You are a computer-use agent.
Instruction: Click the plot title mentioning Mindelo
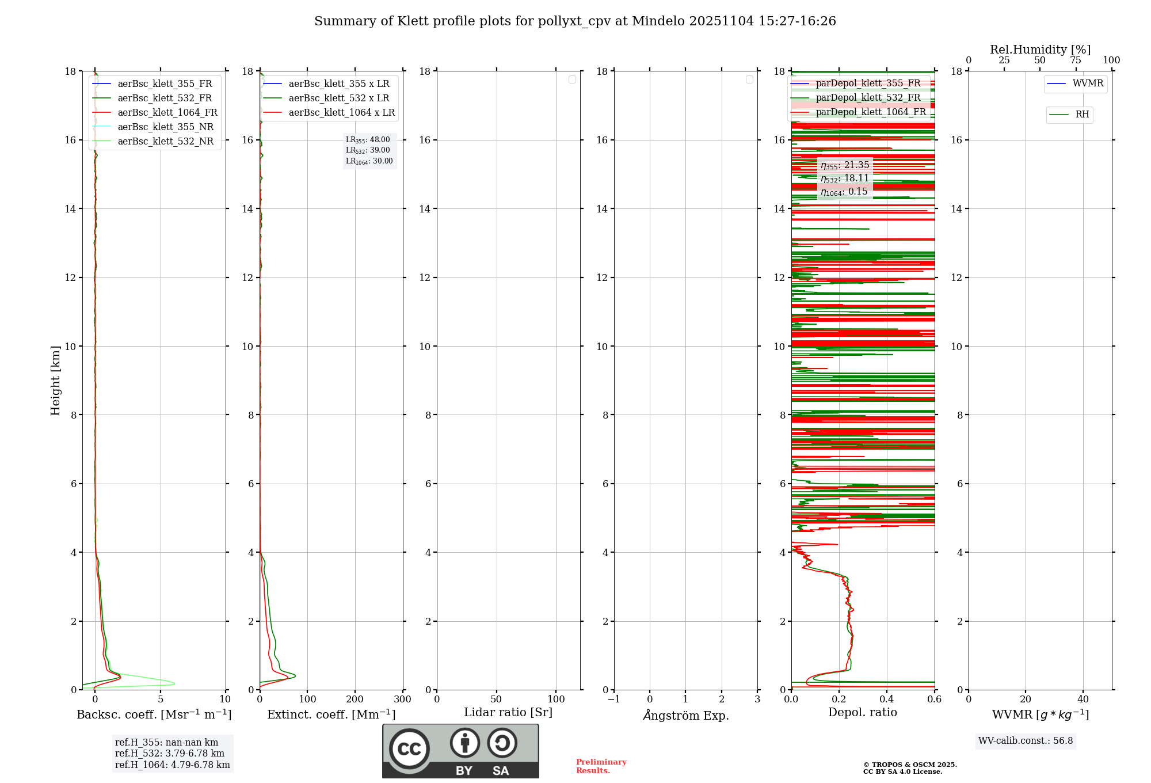point(575,21)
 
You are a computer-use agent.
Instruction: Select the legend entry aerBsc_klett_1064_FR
point(167,113)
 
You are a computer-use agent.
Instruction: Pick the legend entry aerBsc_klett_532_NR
point(165,142)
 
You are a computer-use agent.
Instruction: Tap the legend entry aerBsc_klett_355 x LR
point(338,84)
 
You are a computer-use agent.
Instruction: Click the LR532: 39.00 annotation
point(368,150)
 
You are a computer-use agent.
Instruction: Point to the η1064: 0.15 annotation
point(844,192)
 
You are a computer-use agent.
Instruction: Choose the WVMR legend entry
point(1087,83)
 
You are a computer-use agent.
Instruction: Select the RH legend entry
point(1081,115)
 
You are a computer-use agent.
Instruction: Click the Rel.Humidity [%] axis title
point(1040,50)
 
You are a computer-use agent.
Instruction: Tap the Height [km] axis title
point(55,381)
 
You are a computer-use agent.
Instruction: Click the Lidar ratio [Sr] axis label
point(508,713)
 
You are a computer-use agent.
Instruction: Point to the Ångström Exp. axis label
point(685,716)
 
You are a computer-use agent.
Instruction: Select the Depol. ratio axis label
point(862,713)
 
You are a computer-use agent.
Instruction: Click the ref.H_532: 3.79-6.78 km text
point(170,754)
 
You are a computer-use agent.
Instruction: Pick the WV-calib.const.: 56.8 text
point(1026,741)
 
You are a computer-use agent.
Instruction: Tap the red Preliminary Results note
point(601,766)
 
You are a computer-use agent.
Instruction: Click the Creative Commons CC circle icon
point(409,749)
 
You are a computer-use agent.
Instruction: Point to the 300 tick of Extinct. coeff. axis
point(403,700)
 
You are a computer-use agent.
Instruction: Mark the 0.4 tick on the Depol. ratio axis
point(887,700)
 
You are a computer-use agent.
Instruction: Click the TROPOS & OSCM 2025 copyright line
point(909,765)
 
